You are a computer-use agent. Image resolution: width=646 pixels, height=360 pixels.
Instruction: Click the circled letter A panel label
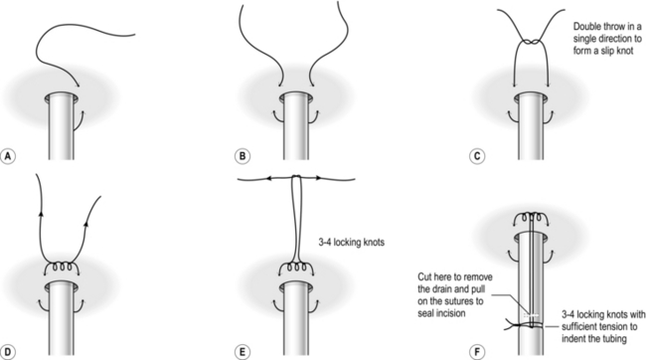pyautogui.click(x=8, y=156)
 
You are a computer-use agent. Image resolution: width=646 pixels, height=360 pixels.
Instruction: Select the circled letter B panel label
pyautogui.click(x=242, y=156)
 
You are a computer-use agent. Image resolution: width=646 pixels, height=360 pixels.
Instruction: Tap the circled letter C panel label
pyautogui.click(x=477, y=156)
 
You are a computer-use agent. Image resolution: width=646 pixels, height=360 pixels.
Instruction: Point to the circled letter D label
pyautogui.click(x=8, y=352)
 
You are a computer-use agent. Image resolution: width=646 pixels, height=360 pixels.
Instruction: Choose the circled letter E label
pyautogui.click(x=242, y=352)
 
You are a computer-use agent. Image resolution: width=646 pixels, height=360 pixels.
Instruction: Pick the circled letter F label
pyautogui.click(x=477, y=352)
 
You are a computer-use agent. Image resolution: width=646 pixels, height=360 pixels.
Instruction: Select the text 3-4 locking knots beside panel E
pyautogui.click(x=352, y=242)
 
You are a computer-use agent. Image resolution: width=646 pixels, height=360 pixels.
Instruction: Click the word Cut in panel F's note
pyautogui.click(x=424, y=276)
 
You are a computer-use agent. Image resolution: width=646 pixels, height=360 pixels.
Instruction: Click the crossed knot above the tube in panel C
pyautogui.click(x=531, y=42)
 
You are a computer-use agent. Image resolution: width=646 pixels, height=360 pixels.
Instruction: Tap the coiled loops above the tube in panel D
pyautogui.click(x=62, y=267)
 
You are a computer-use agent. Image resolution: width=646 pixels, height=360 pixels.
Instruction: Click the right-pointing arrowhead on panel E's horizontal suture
pyautogui.click(x=318, y=178)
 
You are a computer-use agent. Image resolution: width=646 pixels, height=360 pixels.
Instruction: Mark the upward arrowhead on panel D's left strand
pyautogui.click(x=41, y=213)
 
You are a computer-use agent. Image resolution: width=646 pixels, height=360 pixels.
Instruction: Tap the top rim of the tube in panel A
pyautogui.click(x=62, y=97)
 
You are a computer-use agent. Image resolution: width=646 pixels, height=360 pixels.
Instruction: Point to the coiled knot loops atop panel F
pyautogui.click(x=532, y=218)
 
